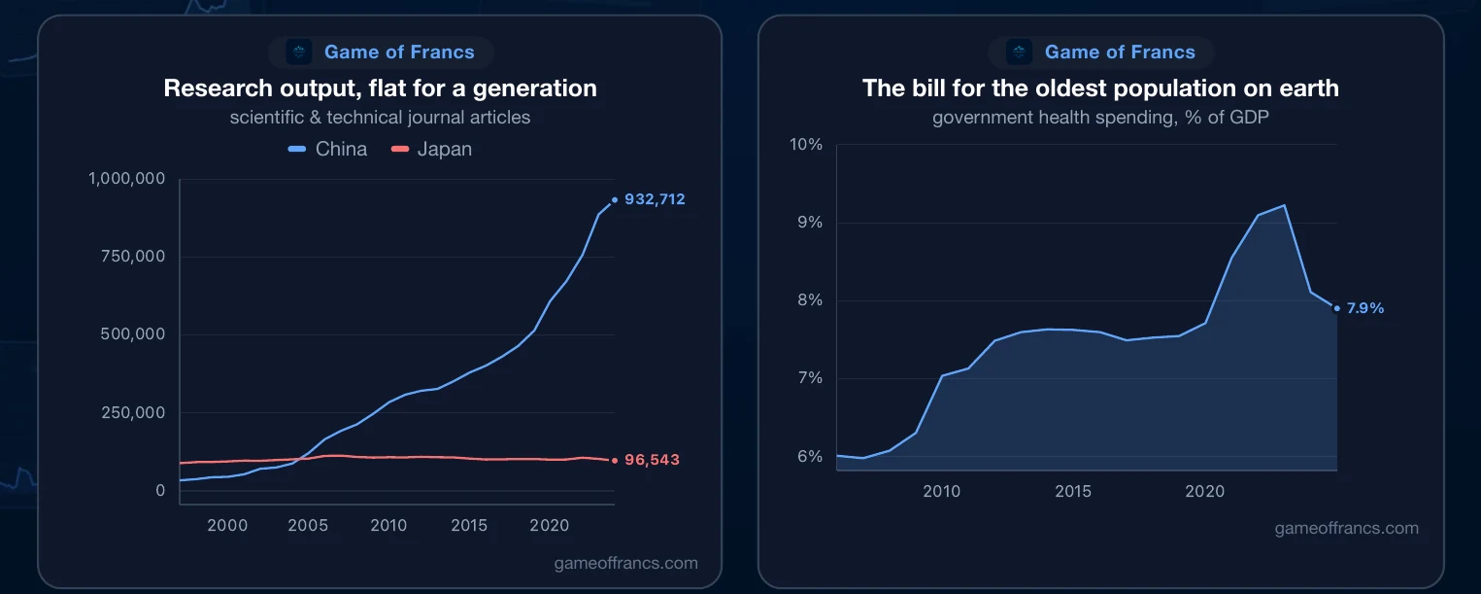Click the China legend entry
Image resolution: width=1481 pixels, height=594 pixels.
coord(327,149)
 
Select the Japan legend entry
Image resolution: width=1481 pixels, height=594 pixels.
coord(432,149)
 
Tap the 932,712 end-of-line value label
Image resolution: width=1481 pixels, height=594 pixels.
coord(655,199)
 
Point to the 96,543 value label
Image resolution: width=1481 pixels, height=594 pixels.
coord(652,460)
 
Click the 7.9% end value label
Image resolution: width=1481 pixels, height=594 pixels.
coord(1365,308)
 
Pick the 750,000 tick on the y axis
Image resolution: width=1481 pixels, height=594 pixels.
coord(133,257)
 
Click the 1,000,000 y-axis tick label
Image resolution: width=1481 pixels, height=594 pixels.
coord(127,178)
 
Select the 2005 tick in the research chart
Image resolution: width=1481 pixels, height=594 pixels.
coord(308,525)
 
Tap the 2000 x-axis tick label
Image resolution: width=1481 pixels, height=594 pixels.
coord(227,525)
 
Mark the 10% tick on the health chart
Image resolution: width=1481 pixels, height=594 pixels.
coord(806,144)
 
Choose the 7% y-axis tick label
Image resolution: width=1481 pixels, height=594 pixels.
coord(810,378)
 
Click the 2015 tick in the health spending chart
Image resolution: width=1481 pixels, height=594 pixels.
coord(1073,491)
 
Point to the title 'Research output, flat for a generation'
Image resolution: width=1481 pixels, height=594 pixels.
coord(380,88)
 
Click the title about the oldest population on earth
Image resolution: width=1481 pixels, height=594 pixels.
coord(1101,88)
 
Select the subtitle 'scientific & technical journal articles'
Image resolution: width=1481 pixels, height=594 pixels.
coord(380,118)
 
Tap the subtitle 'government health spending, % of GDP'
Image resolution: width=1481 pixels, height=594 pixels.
coord(1101,118)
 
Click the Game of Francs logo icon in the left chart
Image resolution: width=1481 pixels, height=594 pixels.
coord(299,52)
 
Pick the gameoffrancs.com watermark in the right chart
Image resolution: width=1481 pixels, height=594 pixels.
coord(1347,529)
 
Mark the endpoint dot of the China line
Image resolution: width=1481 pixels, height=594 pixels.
coord(615,199)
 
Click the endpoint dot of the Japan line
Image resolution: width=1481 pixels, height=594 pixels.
coord(615,460)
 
